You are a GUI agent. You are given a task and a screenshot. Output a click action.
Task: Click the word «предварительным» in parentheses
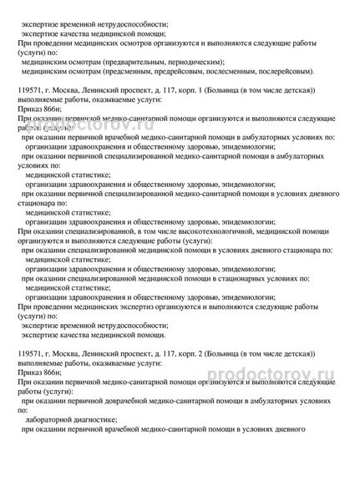[149, 62]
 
